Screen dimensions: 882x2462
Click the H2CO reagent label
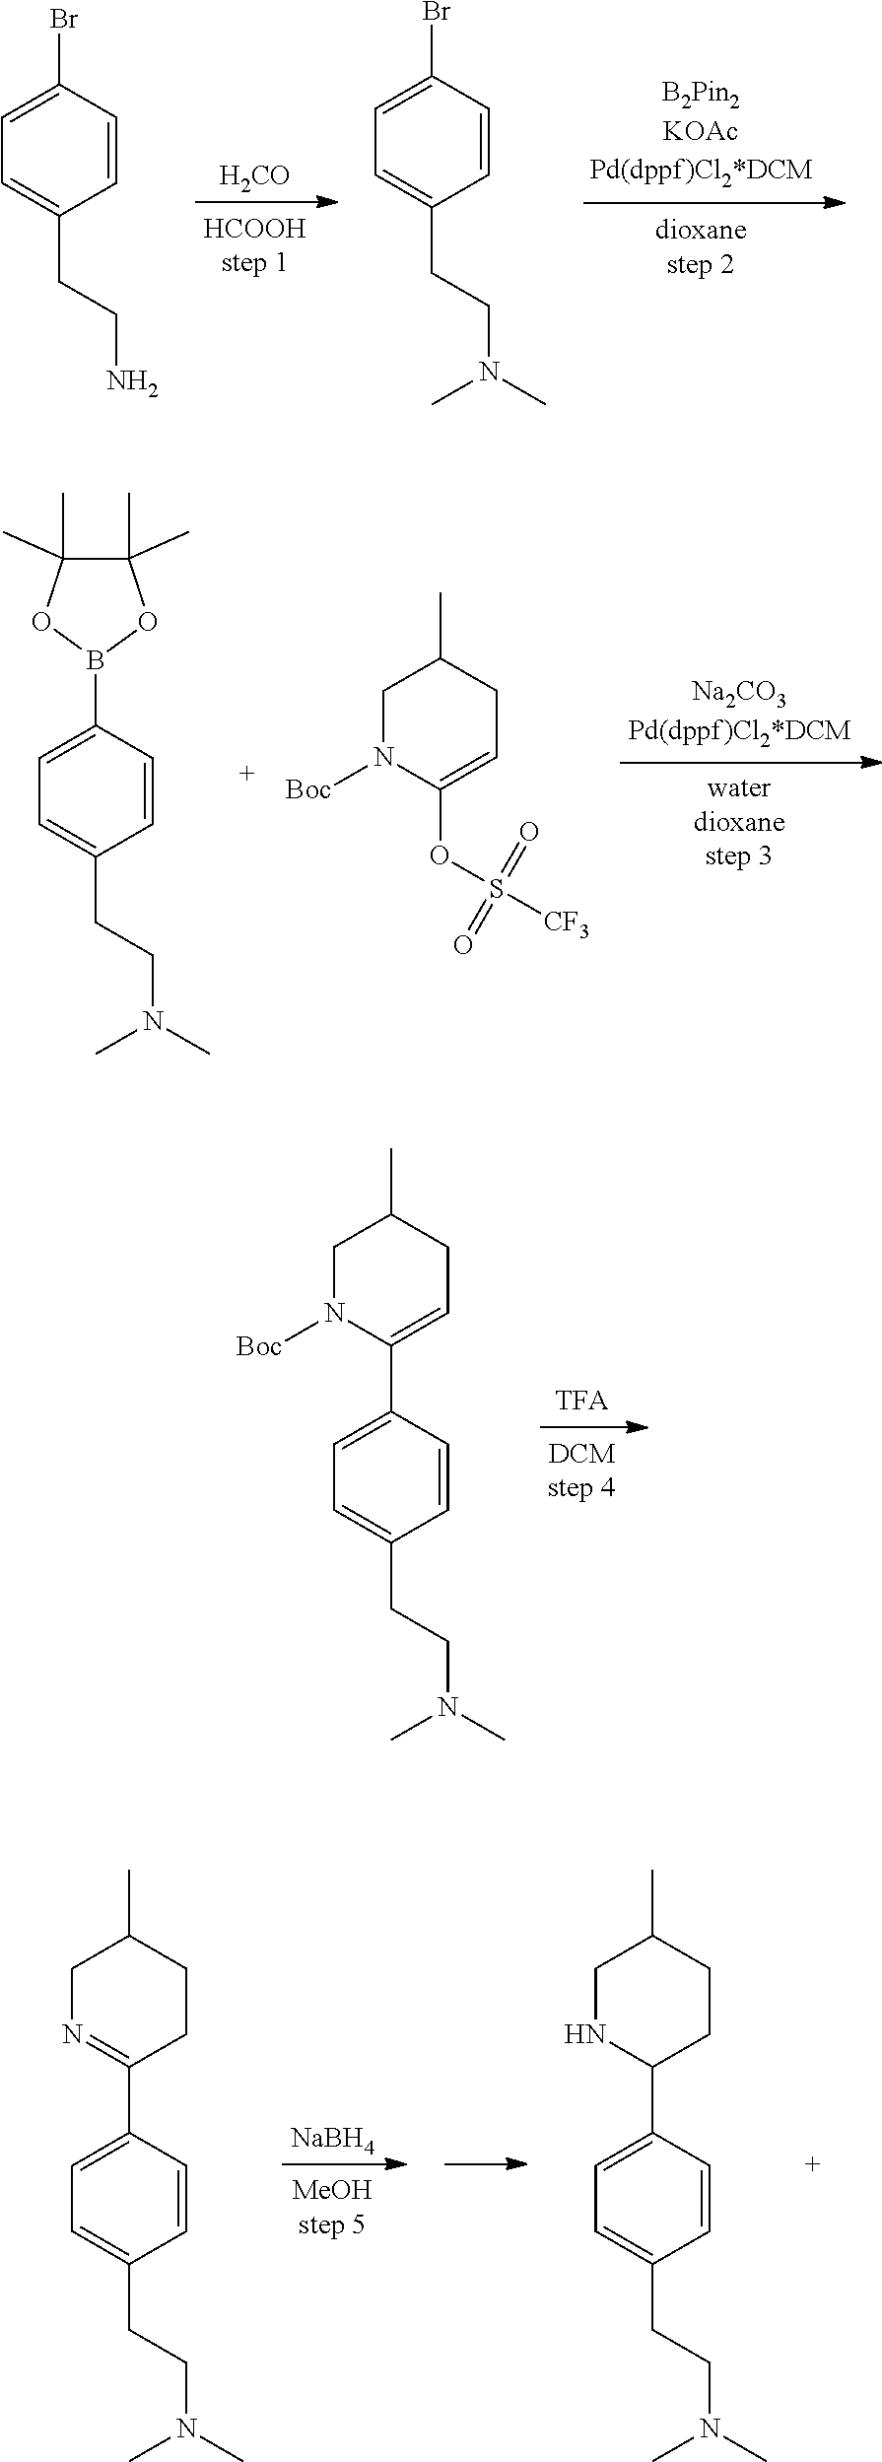[254, 176]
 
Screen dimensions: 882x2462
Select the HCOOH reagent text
[254, 230]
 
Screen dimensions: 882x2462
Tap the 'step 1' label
[254, 263]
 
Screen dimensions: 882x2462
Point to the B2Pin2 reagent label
[701, 98]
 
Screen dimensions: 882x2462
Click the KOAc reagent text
[701, 131]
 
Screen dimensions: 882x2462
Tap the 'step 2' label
[701, 264]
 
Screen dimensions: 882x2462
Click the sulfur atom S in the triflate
[497, 889]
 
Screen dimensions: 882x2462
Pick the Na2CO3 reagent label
[738, 695]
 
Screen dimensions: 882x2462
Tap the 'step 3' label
[738, 855]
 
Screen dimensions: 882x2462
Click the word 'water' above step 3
[738, 787]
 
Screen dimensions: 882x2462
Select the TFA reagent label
[581, 1401]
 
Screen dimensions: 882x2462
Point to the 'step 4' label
[581, 1486]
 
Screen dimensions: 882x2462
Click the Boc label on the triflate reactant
[308, 790]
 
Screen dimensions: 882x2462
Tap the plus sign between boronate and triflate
[246, 774]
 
